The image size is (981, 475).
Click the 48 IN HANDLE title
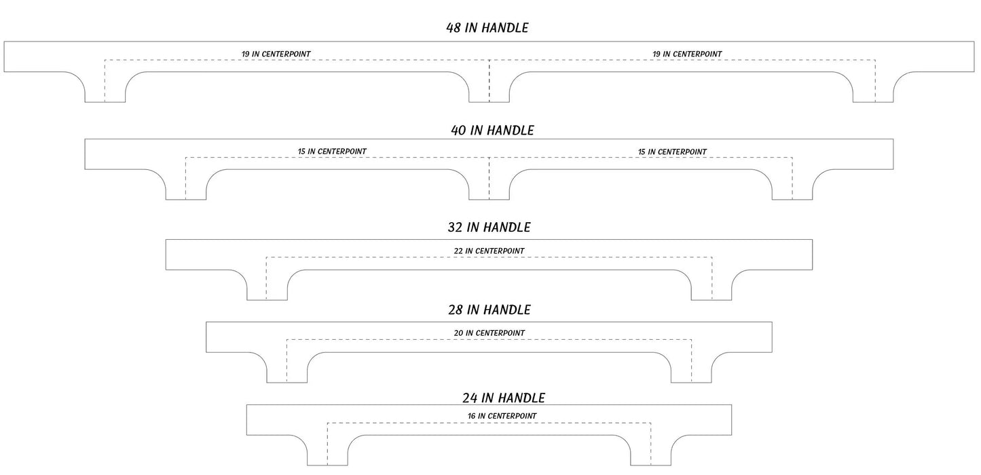(487, 28)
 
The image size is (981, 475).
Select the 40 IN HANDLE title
(492, 130)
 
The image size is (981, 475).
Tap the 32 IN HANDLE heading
(489, 227)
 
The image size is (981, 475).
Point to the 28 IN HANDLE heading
(489, 310)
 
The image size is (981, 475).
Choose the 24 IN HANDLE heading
(504, 398)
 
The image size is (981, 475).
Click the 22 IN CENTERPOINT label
(489, 251)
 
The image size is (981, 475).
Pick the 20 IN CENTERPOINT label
(489, 333)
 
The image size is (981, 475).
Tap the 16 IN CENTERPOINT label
(502, 416)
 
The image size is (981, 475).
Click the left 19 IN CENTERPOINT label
(276, 54)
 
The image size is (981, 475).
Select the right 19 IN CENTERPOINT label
(687, 54)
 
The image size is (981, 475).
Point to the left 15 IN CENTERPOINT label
(332, 151)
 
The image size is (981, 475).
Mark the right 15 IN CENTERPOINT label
(672, 152)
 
